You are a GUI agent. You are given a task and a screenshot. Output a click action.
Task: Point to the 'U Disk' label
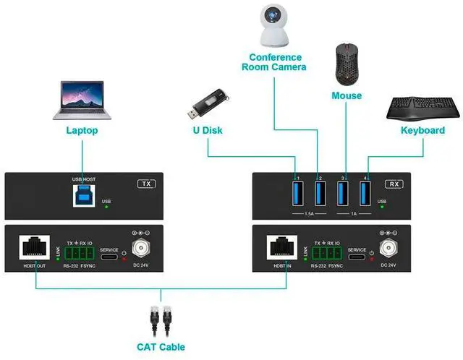pos(207,131)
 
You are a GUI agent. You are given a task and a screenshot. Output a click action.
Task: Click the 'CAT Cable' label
pos(161,347)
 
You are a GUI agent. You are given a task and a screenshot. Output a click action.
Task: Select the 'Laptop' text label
pos(82,131)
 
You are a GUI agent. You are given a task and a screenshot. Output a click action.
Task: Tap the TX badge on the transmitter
pos(147,184)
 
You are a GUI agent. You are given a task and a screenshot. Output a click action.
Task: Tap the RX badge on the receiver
pos(394,184)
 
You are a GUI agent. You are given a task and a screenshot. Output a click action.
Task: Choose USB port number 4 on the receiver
pos(365,194)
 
